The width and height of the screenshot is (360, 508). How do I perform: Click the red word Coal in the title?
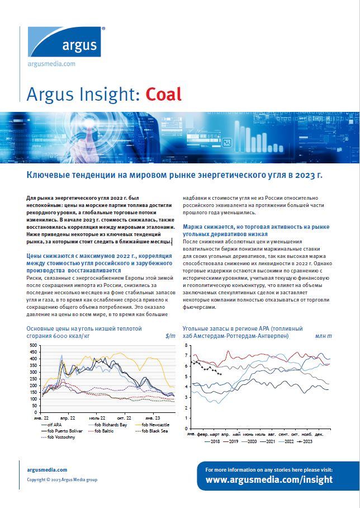[164, 93]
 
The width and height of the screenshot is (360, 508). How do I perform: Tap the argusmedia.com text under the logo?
[51, 64]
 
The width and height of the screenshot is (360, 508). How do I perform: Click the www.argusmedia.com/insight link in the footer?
[269, 479]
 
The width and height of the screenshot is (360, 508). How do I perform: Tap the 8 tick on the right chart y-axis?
[186, 346]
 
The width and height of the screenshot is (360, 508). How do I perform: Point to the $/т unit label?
[170, 336]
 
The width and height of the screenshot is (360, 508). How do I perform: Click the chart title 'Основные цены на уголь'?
[84, 328]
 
